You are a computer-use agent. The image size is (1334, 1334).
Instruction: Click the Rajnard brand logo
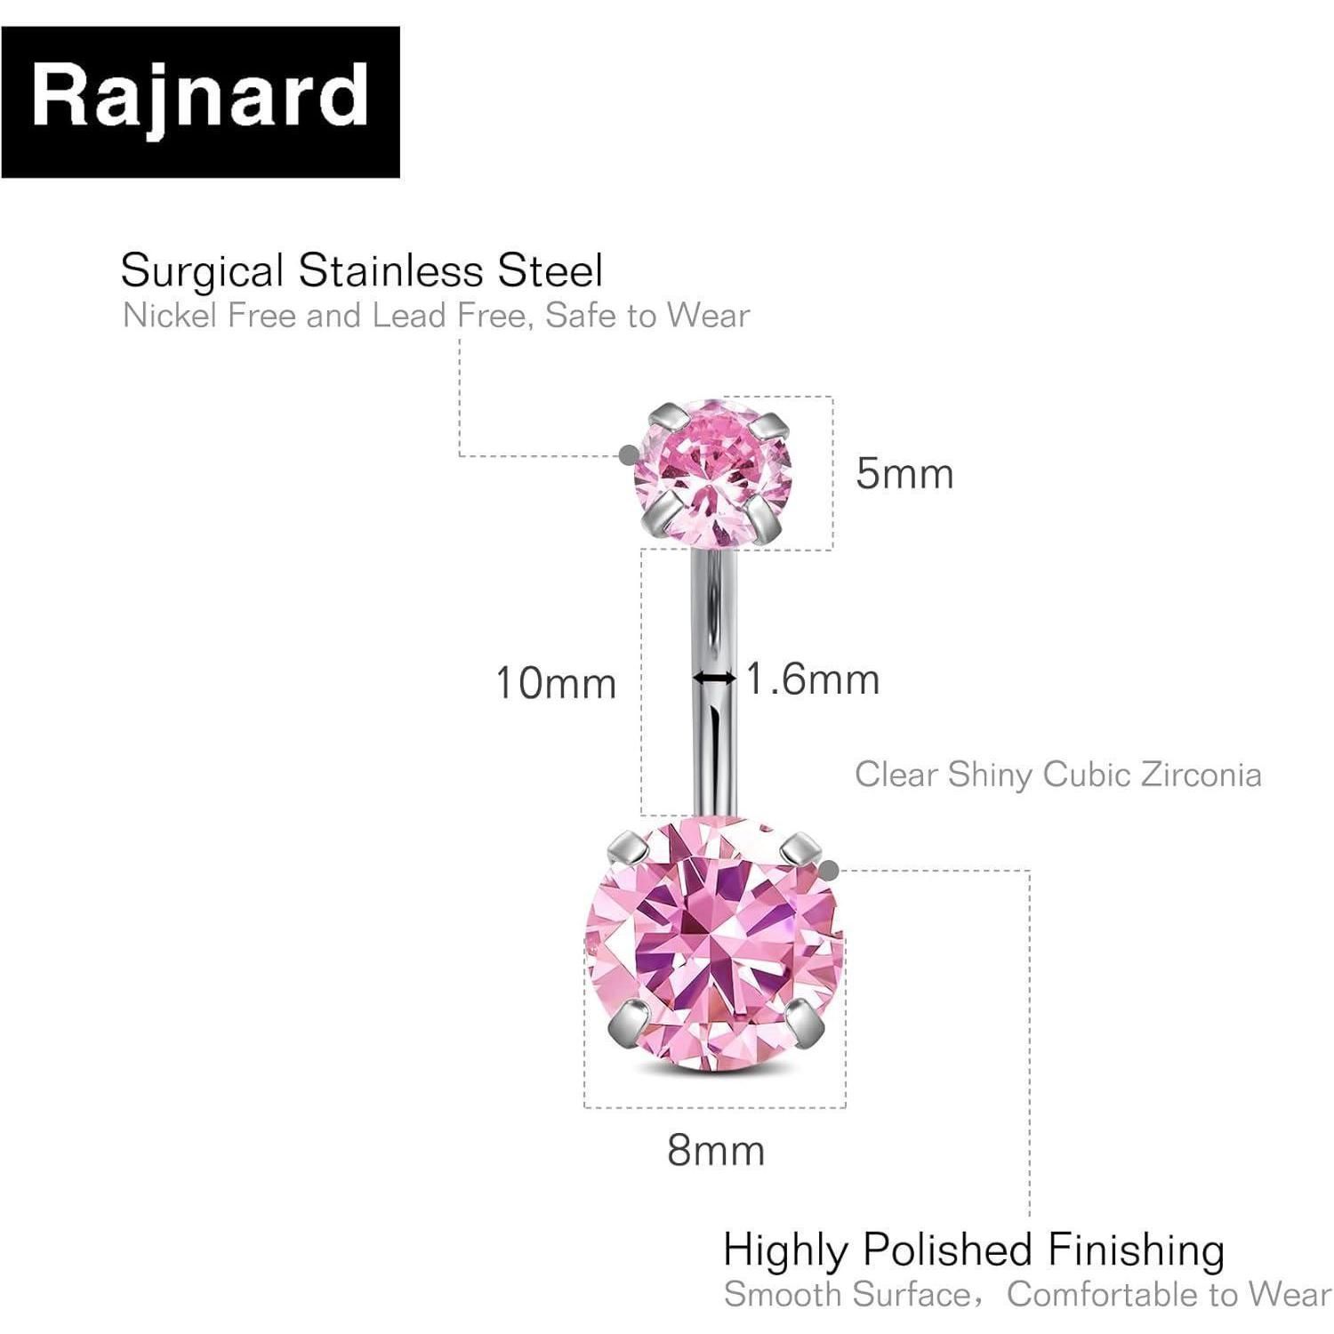point(200,102)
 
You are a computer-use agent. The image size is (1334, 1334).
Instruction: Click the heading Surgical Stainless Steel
point(362,270)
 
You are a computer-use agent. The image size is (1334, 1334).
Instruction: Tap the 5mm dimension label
point(904,473)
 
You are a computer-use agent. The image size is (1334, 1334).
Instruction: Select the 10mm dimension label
point(556,683)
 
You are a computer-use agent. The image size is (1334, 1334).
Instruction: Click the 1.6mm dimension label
point(812,679)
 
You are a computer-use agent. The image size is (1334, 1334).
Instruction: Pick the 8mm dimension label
point(716,1151)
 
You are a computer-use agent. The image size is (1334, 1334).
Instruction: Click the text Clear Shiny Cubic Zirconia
point(1058,775)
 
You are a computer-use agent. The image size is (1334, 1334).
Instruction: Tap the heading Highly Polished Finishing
point(974,1250)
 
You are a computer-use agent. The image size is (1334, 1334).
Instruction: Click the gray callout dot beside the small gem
point(629,454)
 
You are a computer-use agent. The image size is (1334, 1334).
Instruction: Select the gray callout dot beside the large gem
point(829,870)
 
